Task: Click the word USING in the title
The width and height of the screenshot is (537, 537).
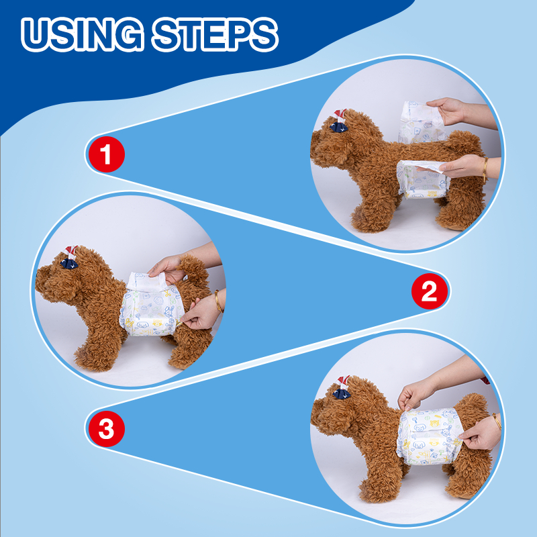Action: pyautogui.click(x=82, y=34)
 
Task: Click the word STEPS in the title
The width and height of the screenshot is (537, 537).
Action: pyautogui.click(x=215, y=34)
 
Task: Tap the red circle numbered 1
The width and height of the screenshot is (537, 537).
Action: pyautogui.click(x=107, y=154)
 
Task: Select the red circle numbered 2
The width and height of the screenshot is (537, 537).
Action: pyautogui.click(x=430, y=291)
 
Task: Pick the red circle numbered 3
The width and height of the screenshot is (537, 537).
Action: pyautogui.click(x=107, y=429)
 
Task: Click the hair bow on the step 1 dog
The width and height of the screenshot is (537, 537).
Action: pyautogui.click(x=339, y=121)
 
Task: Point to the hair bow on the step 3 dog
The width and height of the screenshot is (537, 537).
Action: pyautogui.click(x=342, y=388)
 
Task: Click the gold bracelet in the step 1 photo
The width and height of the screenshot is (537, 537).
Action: pyautogui.click(x=485, y=170)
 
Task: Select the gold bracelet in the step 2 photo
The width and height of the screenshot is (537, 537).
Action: pyautogui.click(x=219, y=301)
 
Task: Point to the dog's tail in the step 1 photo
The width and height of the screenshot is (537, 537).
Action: pyautogui.click(x=463, y=141)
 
